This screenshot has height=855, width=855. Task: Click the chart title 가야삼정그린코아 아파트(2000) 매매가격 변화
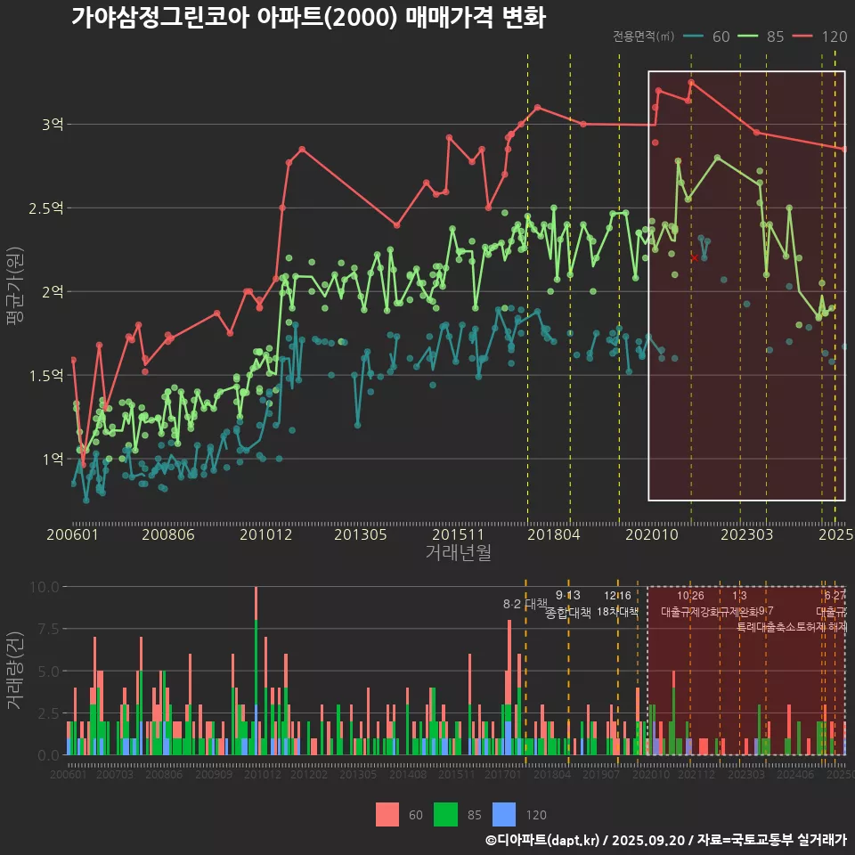[x=307, y=17]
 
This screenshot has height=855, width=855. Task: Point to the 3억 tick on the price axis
[x=52, y=125]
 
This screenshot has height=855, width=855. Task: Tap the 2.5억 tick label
[x=46, y=208]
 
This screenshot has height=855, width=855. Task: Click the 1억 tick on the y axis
[x=52, y=459]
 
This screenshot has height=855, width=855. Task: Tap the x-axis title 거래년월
[x=458, y=553]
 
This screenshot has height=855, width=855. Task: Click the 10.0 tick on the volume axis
[x=44, y=587]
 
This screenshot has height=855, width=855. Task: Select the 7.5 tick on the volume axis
[x=47, y=629]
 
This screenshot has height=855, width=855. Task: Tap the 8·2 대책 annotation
[x=525, y=604]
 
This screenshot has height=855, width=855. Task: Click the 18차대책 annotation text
[x=617, y=612]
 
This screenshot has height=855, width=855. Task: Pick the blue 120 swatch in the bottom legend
[x=504, y=814]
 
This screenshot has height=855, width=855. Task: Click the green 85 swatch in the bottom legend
[x=445, y=814]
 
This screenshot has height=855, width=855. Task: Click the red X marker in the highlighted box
[x=695, y=257]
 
